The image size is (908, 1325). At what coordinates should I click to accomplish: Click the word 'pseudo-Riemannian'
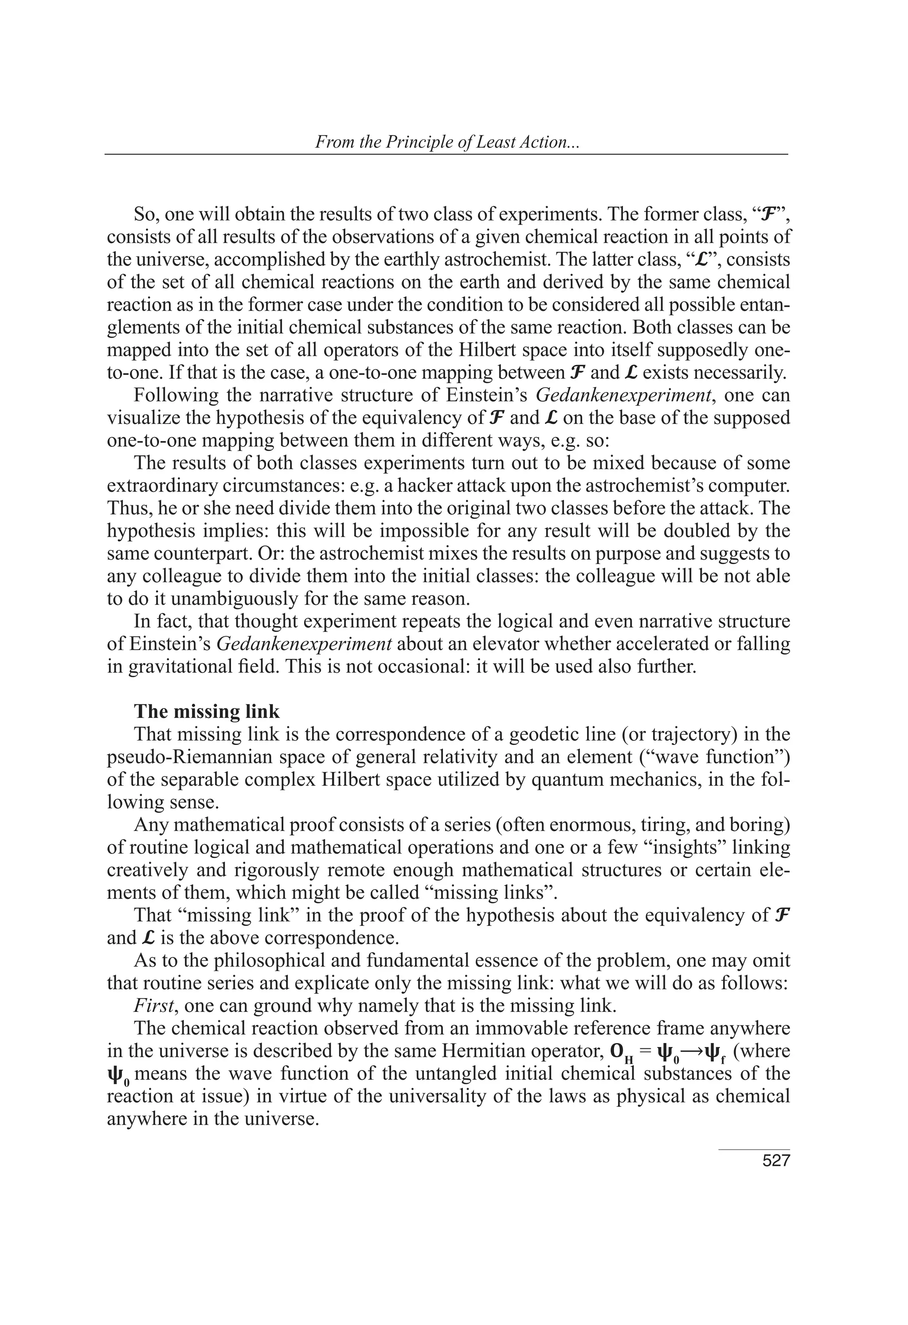click(190, 757)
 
